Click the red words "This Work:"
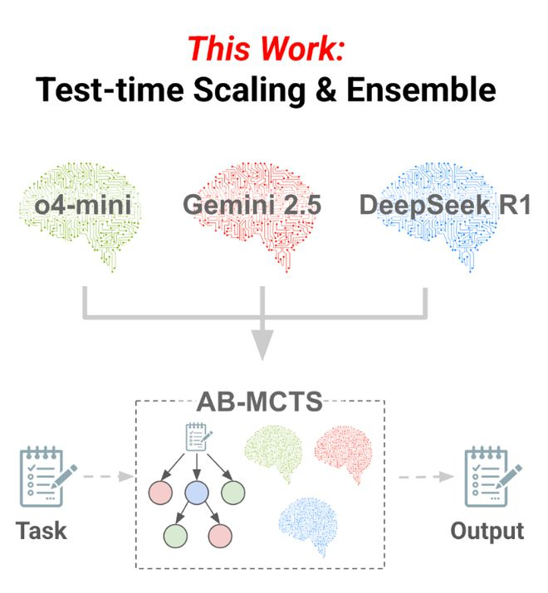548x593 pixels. pyautogui.click(x=266, y=48)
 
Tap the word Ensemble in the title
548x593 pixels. pyautogui.click(x=421, y=90)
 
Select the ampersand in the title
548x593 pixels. pyautogui.click(x=325, y=90)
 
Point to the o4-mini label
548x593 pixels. pyautogui.click(x=82, y=205)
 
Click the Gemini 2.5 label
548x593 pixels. pyautogui.click(x=252, y=205)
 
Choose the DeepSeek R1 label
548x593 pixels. pyautogui.click(x=445, y=205)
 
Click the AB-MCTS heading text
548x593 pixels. pyautogui.click(x=259, y=401)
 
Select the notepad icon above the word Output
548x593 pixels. pyautogui.click(x=492, y=476)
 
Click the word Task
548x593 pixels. pyautogui.click(x=42, y=530)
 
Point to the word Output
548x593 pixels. pyautogui.click(x=487, y=532)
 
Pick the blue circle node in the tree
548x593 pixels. pyautogui.click(x=197, y=493)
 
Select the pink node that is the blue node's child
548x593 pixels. pyautogui.click(x=220, y=536)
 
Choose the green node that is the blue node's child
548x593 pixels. pyautogui.click(x=175, y=536)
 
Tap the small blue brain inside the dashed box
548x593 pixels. pyautogui.click(x=308, y=526)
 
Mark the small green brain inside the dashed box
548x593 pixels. pyautogui.click(x=274, y=453)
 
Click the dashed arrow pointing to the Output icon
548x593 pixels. pyautogui.click(x=426, y=477)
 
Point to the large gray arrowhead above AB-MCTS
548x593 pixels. pyautogui.click(x=262, y=343)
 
